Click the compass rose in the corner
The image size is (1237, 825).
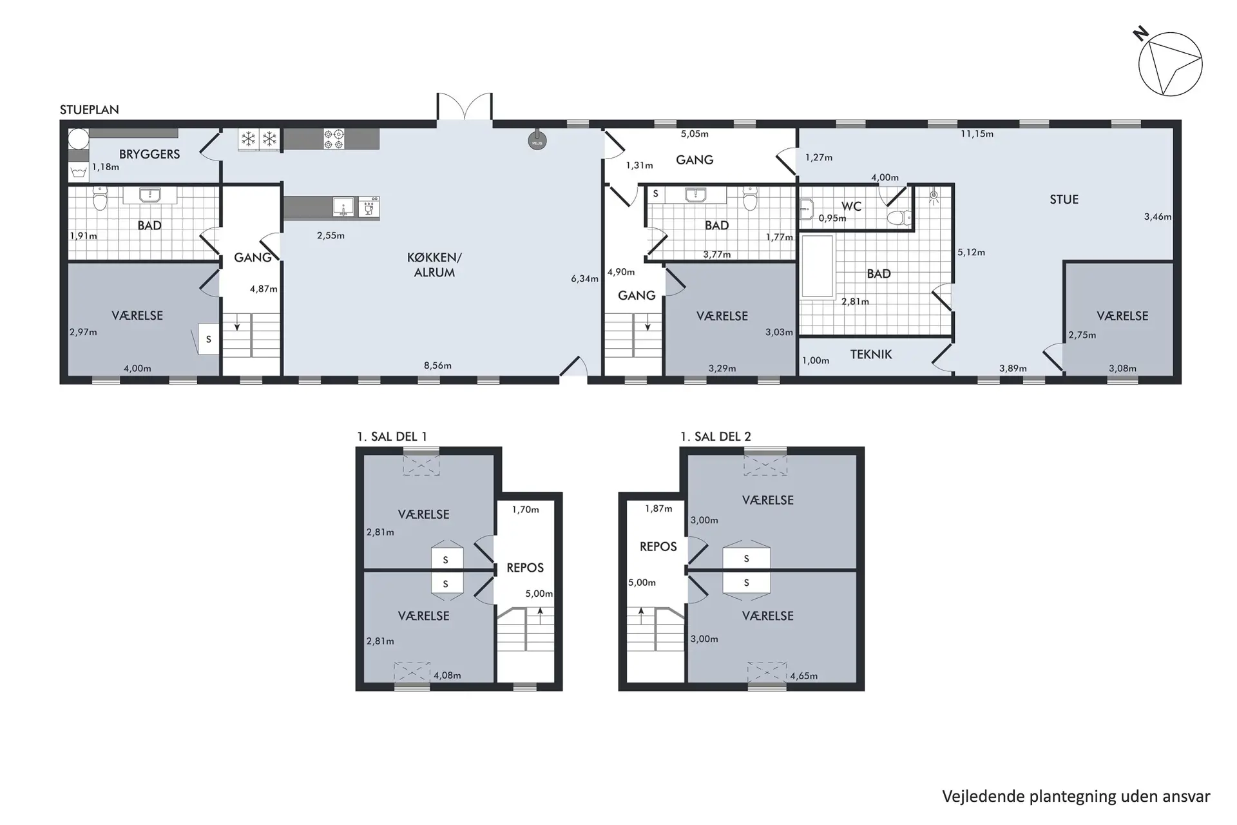click(1169, 63)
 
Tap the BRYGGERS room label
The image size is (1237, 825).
click(149, 154)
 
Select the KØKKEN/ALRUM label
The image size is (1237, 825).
click(434, 265)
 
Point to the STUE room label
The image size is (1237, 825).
click(1064, 200)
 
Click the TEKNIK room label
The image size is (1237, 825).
click(871, 354)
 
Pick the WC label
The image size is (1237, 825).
click(851, 206)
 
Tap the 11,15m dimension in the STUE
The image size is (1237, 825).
click(977, 134)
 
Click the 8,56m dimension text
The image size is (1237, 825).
click(437, 365)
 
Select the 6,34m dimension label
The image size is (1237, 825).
click(584, 278)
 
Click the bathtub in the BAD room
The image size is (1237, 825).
click(818, 267)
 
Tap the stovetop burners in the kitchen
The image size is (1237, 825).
click(334, 139)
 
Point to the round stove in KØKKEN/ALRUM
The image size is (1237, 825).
click(537, 141)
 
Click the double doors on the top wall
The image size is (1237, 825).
click(465, 106)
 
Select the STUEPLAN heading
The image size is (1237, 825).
click(90, 110)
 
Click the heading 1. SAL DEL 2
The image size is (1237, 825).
click(716, 436)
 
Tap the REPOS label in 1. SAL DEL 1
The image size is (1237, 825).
click(525, 568)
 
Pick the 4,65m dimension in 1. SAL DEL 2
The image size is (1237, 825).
click(803, 676)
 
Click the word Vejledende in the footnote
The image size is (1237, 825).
click(983, 797)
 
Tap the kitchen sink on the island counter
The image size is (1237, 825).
click(343, 207)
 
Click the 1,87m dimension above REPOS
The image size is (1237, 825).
click(658, 509)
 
